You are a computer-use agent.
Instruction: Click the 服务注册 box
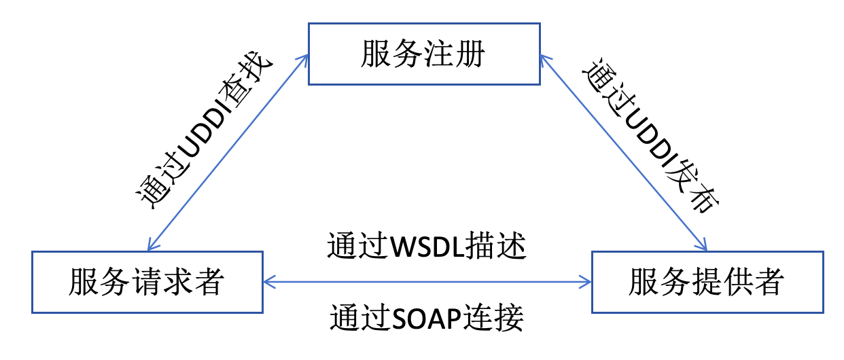click(424, 54)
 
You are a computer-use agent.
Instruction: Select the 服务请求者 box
click(147, 282)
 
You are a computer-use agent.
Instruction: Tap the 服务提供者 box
click(708, 282)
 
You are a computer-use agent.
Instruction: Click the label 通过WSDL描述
click(427, 247)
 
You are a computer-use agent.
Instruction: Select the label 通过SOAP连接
click(427, 317)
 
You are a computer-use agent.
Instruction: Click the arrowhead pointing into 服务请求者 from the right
click(268, 279)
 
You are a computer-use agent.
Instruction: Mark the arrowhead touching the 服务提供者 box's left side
click(586, 279)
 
